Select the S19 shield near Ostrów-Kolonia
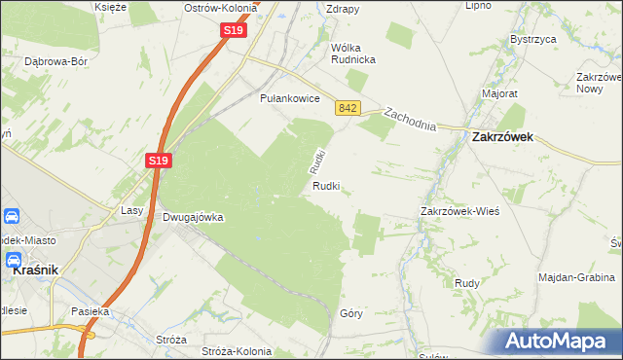click(x=233, y=31)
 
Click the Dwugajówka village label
click(x=193, y=218)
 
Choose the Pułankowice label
click(x=283, y=98)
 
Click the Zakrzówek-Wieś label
click(x=459, y=211)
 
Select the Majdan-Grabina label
click(x=576, y=277)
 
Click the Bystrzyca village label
click(x=532, y=40)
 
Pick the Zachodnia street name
click(x=410, y=122)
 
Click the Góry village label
click(x=351, y=313)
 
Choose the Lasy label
click(x=131, y=210)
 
